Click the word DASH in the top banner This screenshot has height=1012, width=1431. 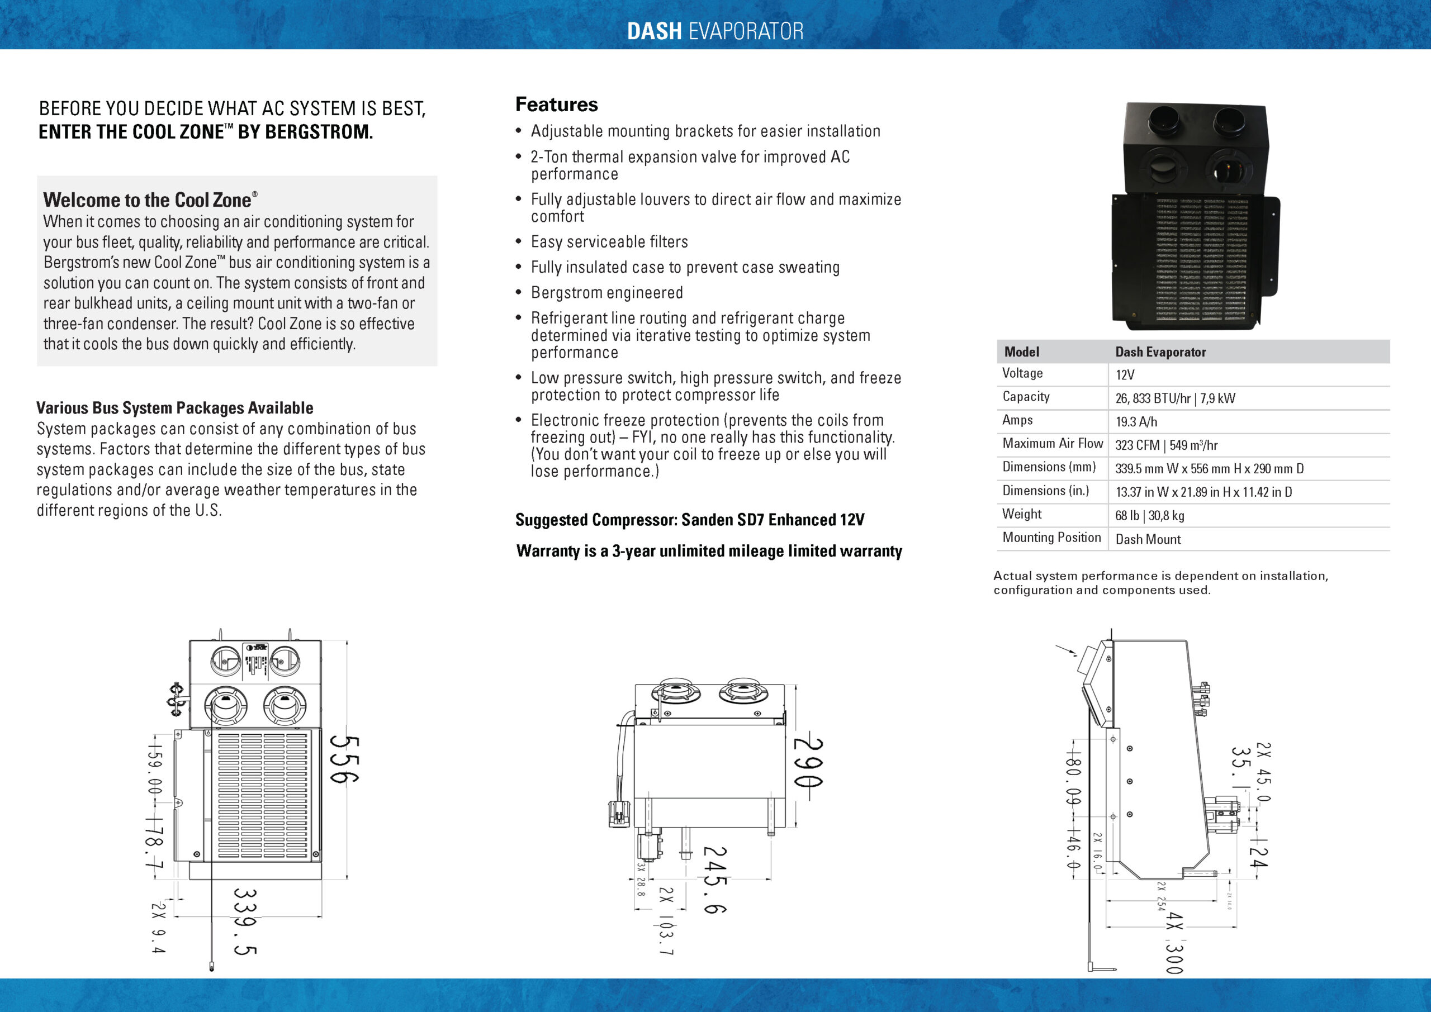click(654, 31)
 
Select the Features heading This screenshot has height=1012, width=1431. click(556, 104)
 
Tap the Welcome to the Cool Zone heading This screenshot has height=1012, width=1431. click(148, 200)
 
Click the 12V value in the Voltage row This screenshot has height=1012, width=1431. click(1125, 374)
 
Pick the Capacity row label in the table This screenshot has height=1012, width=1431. click(1026, 397)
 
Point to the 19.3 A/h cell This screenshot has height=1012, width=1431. click(1136, 422)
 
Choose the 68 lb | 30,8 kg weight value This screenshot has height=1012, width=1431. click(1150, 515)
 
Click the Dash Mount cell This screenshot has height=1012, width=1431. click(1148, 539)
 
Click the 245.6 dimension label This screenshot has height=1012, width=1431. click(715, 879)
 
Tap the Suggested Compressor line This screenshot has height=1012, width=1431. click(689, 520)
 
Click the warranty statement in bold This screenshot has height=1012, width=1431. click(709, 551)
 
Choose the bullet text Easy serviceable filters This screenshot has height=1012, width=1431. click(609, 242)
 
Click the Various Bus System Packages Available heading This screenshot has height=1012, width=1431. click(174, 408)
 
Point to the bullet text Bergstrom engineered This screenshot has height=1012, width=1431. click(606, 293)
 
